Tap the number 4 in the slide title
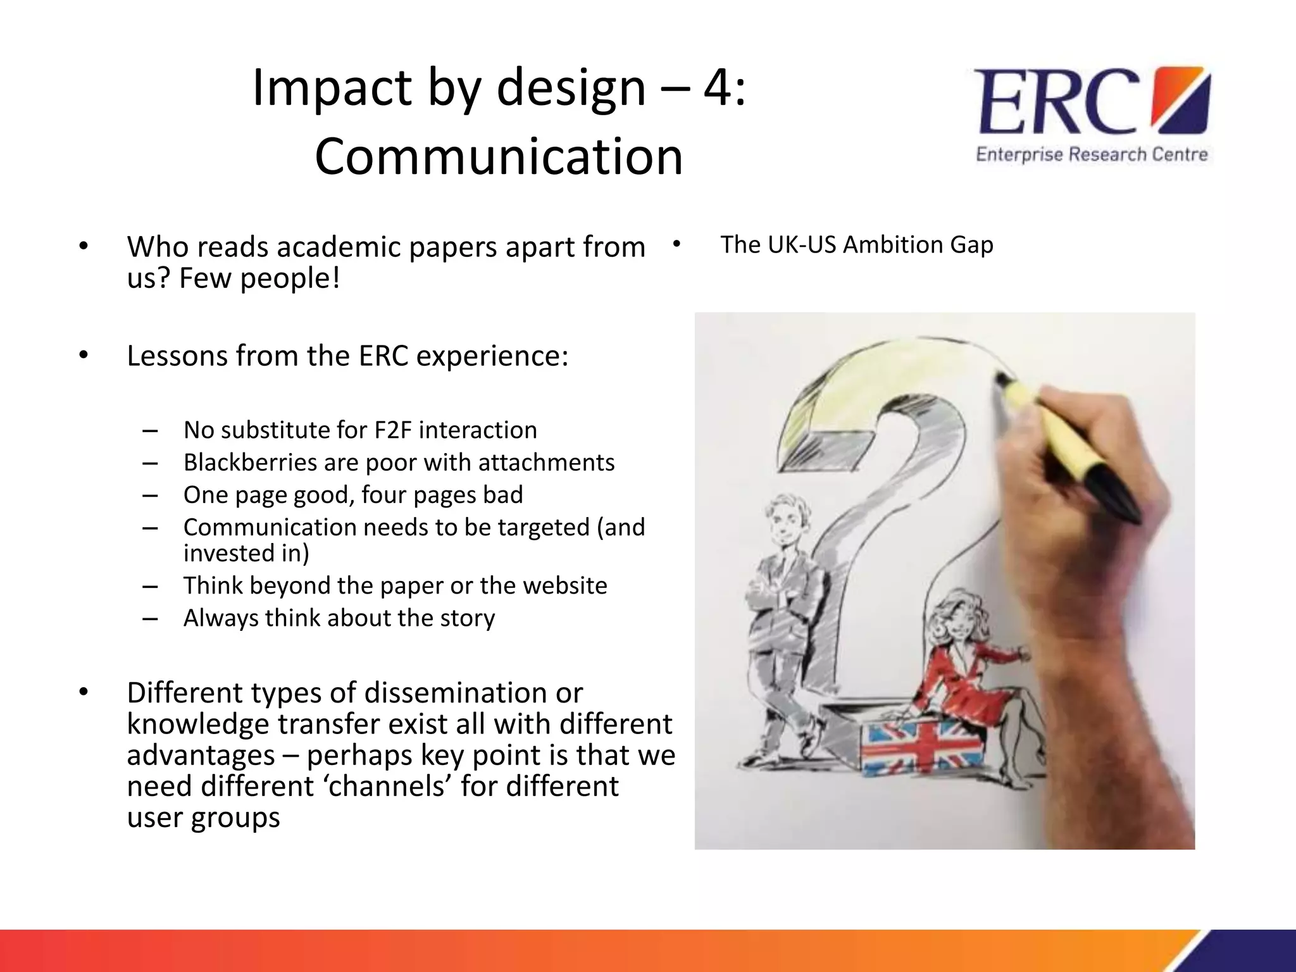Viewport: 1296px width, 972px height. [718, 87]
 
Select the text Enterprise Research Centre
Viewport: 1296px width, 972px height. [1092, 155]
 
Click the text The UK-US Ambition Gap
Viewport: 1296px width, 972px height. [857, 245]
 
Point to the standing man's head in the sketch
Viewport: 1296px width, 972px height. [787, 519]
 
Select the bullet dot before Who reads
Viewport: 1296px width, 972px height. [84, 247]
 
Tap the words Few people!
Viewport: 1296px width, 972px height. [259, 278]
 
